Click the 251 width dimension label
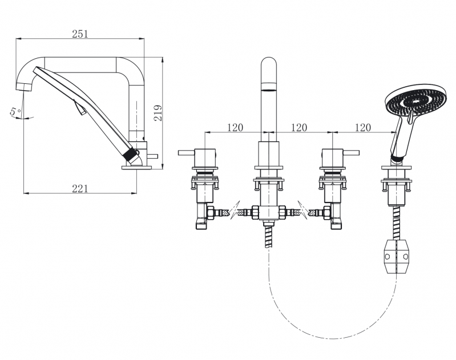pyautogui.click(x=80, y=34)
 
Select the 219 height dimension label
pyautogui.click(x=158, y=113)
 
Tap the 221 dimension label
pyautogui.click(x=80, y=189)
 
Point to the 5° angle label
pyautogui.click(x=15, y=111)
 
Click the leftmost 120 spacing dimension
pyautogui.click(x=235, y=127)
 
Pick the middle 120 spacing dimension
pyautogui.click(x=299, y=127)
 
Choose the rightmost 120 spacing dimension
pyautogui.click(x=363, y=127)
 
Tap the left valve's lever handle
pyautogui.click(x=187, y=152)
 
